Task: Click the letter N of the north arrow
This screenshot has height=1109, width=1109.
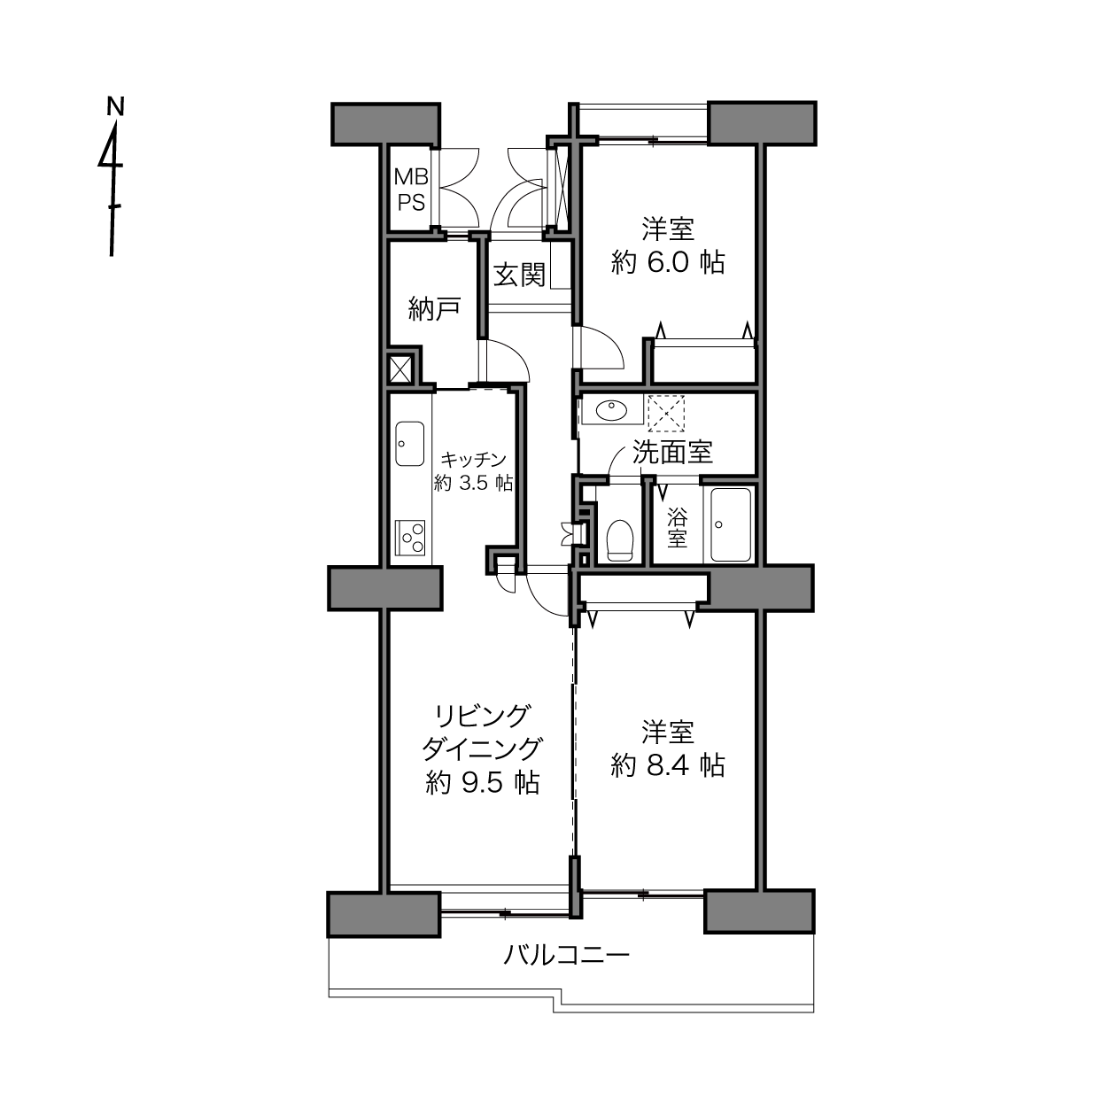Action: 116,106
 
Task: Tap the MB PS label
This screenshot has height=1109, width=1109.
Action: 411,190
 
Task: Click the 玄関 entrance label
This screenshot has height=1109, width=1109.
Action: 519,275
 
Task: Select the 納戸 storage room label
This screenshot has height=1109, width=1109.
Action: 434,308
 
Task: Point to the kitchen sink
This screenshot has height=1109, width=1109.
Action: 410,444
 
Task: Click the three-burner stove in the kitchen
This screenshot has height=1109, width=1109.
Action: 410,538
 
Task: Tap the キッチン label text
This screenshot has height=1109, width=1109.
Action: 473,459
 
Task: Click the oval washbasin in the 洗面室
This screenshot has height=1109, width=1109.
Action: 611,411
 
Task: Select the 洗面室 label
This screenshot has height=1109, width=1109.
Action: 673,452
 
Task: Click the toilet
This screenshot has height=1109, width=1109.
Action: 620,539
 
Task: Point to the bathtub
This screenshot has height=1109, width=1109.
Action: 730,524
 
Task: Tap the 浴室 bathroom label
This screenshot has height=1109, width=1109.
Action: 677,528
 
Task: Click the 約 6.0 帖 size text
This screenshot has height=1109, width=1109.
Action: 668,263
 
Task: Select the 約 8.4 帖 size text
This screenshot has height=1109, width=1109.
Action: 668,765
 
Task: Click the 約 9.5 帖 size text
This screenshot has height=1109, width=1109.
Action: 482,783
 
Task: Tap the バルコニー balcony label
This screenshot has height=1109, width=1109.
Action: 567,956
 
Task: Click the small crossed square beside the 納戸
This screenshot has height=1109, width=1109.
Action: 400,368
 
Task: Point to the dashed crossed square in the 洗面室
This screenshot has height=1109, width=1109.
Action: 666,413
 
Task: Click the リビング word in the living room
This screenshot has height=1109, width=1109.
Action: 482,717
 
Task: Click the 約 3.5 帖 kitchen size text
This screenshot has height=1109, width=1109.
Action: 473,483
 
